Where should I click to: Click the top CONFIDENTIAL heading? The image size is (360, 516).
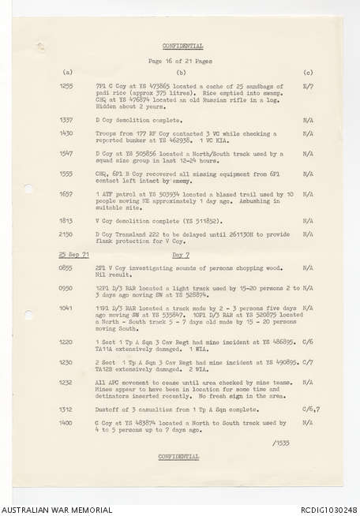coord(182,46)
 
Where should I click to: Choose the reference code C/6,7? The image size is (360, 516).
coord(309,410)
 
